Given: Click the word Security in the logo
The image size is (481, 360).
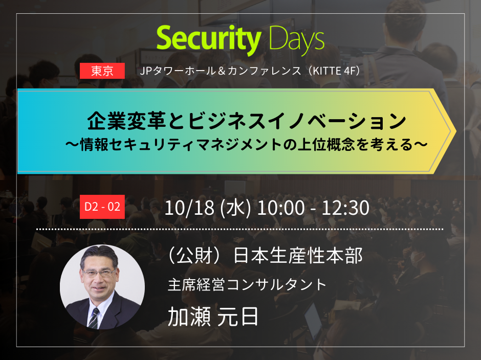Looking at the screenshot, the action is point(209,39).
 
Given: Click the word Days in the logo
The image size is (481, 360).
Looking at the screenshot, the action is point(297,39).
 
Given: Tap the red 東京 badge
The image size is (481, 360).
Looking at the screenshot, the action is point(102,71).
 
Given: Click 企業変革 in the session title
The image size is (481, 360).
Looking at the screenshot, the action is point(127,121).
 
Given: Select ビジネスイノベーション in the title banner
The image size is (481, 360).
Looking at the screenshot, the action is point(297,121).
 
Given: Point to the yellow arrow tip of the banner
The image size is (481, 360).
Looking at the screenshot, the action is point(455,131).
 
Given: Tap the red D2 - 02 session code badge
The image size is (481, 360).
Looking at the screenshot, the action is point(102,207).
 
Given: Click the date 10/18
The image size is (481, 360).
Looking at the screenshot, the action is point(189,208).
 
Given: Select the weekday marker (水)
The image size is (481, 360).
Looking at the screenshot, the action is point(235,208).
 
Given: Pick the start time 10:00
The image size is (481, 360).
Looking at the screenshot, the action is point(281,208).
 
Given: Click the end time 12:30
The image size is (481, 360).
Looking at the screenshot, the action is point(345,208).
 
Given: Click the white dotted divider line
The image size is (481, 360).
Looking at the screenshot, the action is point(239,229).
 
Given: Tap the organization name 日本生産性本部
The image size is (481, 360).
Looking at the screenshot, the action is point(298,256).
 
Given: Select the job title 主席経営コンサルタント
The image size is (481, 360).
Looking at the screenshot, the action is point(247,285).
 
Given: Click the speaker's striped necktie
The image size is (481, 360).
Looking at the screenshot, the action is point(94,318).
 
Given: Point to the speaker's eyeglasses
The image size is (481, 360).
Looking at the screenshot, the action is point(99,272).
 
